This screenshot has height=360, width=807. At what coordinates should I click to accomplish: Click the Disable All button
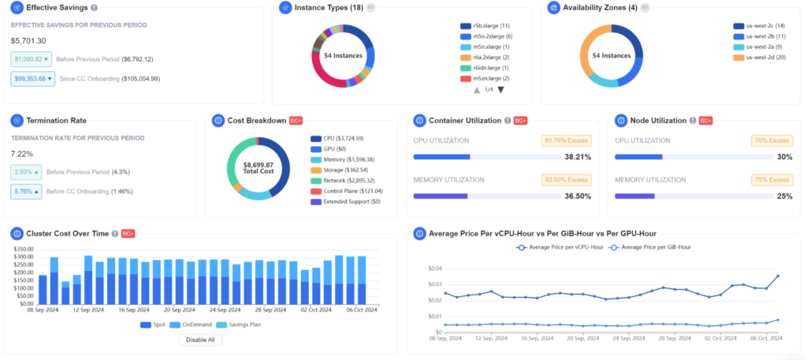(200, 340)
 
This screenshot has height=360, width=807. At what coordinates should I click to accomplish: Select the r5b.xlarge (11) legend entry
(486, 26)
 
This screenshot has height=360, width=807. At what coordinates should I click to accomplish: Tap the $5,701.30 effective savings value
(28, 40)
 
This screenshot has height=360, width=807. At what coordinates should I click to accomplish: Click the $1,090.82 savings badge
(31, 59)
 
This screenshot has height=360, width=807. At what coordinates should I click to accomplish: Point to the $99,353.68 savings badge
(32, 79)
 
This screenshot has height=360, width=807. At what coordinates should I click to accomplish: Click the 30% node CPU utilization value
(784, 157)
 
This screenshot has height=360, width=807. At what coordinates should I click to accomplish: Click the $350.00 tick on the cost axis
(23, 249)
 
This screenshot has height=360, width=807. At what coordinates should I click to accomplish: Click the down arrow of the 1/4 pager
(500, 90)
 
